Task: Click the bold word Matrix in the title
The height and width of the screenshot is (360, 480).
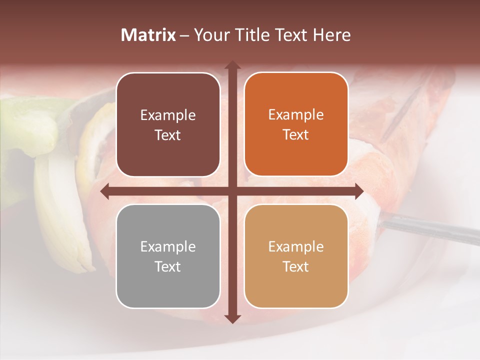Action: coord(148,35)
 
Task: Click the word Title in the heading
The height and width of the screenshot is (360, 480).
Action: coord(248,35)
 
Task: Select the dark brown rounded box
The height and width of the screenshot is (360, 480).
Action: coord(168,125)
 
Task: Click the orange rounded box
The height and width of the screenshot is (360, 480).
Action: coord(296,124)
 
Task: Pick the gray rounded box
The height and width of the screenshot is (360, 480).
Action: coord(168,256)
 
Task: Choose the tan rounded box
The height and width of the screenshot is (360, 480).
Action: coord(296,256)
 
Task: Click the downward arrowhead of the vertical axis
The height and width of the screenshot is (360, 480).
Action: coord(232,318)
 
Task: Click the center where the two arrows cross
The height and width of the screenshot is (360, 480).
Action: coord(232,191)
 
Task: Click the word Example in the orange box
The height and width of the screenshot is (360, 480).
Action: coord(296,115)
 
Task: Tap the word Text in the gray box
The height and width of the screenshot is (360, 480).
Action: coord(168,266)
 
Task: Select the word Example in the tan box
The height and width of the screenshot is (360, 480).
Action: coord(296,246)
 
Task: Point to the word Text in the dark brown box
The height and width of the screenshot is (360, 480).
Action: coord(168,135)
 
